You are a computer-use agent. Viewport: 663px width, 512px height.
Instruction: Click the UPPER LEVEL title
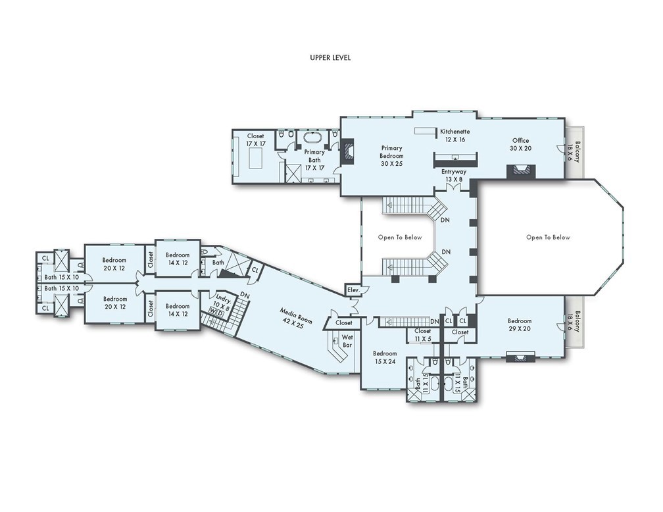tap(330, 57)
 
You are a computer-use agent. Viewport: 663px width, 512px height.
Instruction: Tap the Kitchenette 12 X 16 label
tap(454, 136)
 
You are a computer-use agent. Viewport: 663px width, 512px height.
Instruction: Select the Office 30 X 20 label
tap(521, 144)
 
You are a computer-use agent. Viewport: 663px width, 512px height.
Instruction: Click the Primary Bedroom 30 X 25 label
tap(391, 156)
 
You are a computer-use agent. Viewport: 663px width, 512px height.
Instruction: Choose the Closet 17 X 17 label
tap(255, 140)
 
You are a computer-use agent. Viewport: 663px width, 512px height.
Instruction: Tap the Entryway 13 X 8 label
tap(453, 175)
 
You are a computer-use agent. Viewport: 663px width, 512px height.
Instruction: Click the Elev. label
tap(353, 290)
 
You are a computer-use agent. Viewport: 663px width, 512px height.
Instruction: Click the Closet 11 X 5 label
tap(422, 335)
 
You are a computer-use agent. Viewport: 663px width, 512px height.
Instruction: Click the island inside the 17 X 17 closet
tap(255, 159)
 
